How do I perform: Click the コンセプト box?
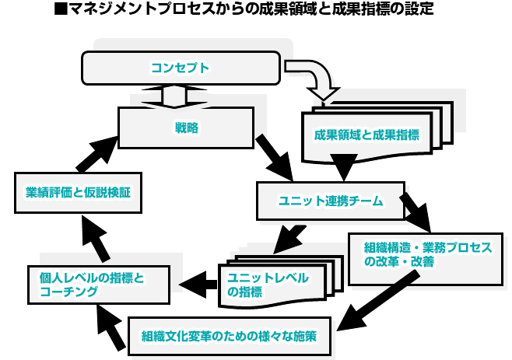click(181, 68)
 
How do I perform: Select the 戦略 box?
click(185, 127)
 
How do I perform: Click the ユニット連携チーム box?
click(331, 201)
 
